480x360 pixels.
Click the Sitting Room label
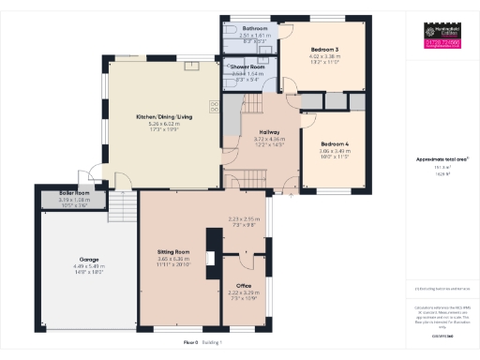click(x=172, y=252)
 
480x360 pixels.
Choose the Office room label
click(x=244, y=285)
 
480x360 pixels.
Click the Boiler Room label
click(x=59, y=193)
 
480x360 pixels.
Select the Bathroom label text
click(x=253, y=29)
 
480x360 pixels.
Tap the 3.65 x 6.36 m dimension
click(x=172, y=260)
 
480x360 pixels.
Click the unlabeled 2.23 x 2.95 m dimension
click(x=242, y=220)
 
